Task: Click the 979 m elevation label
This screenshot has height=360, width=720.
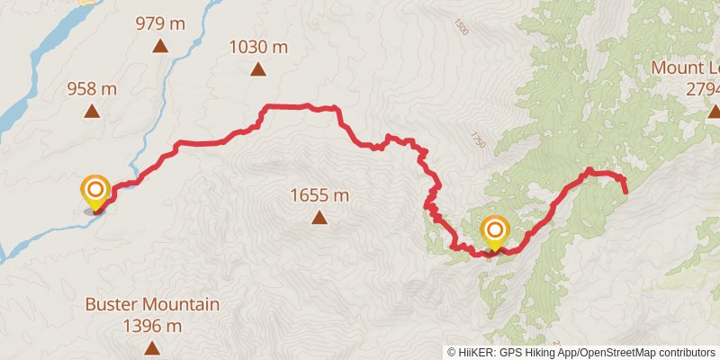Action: [x=159, y=22]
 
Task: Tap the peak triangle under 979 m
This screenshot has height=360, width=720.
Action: [x=159, y=46]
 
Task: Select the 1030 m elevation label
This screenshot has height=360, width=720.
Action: [x=257, y=45]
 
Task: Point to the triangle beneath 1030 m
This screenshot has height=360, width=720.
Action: [x=257, y=68]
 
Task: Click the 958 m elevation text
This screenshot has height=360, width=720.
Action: [x=92, y=88]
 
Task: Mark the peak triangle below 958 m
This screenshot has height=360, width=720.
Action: [x=92, y=111]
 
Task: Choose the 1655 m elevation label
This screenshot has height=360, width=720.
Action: [x=319, y=194]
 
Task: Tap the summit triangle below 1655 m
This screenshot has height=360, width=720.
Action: [x=319, y=217]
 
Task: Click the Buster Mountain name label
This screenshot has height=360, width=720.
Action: [x=152, y=304]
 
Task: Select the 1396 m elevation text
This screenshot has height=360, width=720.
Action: [x=152, y=325]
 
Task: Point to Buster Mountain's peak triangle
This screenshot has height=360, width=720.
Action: [x=152, y=347]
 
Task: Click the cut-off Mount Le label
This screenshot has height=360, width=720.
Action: [x=686, y=68]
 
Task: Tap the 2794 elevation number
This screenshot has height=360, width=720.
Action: [x=703, y=89]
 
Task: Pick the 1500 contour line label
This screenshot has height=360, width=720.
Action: [x=463, y=30]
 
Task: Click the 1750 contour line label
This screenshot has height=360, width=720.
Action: [x=476, y=139]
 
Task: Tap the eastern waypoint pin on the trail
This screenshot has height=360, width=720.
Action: [x=494, y=232]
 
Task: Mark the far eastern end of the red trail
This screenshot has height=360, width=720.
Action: [x=625, y=190]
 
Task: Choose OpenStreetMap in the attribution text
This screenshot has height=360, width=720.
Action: [x=611, y=353]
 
